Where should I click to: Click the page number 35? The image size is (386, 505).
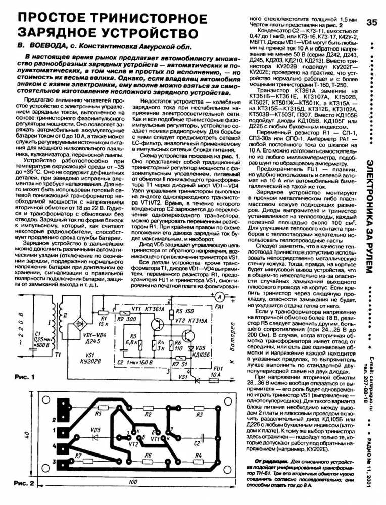pos(372,23)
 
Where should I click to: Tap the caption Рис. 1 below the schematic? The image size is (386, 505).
pos(23,377)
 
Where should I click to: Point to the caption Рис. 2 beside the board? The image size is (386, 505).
pos(23,483)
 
